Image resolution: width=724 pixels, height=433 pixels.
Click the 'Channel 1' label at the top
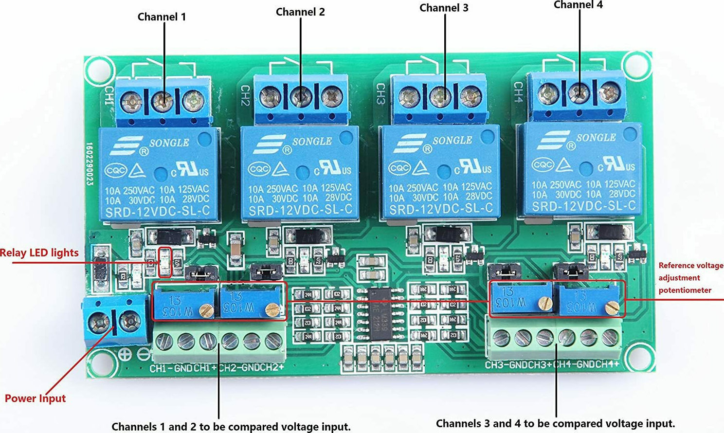click(162, 17)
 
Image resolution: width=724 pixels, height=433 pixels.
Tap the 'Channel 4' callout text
click(578, 5)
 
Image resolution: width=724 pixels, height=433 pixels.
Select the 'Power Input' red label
click(35, 398)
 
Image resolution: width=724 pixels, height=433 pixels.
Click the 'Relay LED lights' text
click(39, 253)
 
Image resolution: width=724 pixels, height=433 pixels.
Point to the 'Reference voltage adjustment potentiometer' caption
click(690, 278)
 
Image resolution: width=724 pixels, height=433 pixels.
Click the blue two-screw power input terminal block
click(115, 321)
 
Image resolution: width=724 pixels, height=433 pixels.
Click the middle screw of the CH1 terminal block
click(163, 101)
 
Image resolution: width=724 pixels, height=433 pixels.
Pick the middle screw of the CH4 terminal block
click(579, 91)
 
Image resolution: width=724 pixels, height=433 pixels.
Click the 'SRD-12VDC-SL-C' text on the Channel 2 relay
click(300, 210)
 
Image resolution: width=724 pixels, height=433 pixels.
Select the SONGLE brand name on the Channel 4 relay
click(596, 138)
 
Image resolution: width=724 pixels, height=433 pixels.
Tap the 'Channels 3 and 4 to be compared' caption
click(555, 423)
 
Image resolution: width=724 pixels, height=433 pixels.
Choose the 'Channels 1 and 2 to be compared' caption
click(231, 427)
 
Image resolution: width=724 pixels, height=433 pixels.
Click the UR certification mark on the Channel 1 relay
click(191, 168)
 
